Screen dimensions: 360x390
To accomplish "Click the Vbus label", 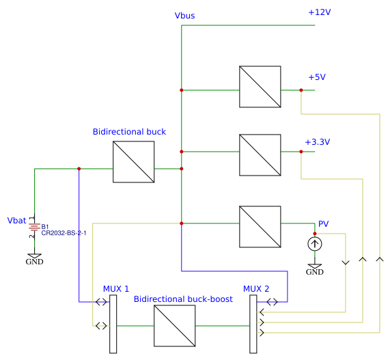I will coord(186,16).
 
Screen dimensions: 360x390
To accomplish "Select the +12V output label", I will coord(319,12).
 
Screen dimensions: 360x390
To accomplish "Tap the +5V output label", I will coord(317,77).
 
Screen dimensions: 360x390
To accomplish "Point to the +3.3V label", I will coord(317,142).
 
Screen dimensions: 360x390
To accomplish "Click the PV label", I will coord(324,224).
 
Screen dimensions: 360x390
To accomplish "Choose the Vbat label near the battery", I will coord(16,221).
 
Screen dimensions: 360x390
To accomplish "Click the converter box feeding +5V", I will coord(260,86).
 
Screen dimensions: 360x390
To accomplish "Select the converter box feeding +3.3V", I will coord(260,154).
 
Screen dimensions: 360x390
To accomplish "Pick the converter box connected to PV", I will coord(260,226).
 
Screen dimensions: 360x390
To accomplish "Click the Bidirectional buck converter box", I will coord(133,162).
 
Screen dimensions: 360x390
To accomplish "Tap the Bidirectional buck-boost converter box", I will coord(174,326).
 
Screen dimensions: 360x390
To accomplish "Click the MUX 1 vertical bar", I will coord(113,324).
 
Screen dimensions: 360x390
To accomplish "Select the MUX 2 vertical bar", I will coord(253,324).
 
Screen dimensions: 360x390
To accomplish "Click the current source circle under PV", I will coord(314,243).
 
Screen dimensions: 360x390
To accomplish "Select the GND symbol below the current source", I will coord(314,268).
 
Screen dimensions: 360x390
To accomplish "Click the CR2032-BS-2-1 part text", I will coord(64,233).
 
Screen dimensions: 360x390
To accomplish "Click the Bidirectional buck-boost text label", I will coord(183,299).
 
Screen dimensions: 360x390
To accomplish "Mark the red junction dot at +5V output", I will coord(301,90).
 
